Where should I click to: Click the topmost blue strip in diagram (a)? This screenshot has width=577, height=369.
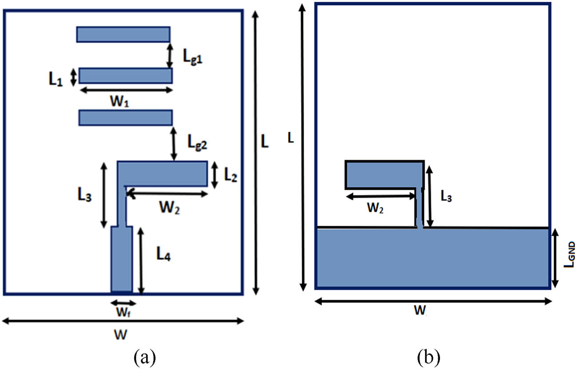click(x=123, y=34)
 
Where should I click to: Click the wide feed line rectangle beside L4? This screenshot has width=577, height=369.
click(x=121, y=259)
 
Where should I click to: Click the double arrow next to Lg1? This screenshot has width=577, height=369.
click(x=170, y=55)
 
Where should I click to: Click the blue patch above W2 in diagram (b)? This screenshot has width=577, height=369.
click(x=382, y=175)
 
